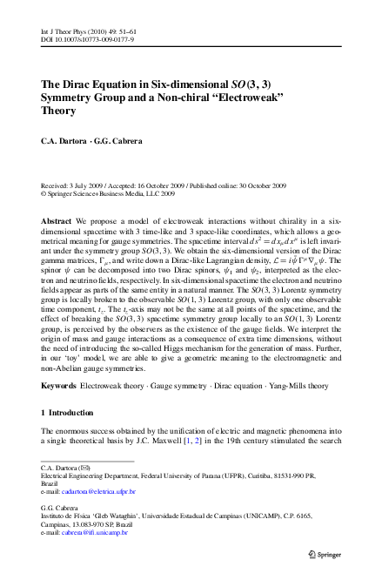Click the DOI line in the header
pos(86,16)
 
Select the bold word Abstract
pos(57,222)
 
